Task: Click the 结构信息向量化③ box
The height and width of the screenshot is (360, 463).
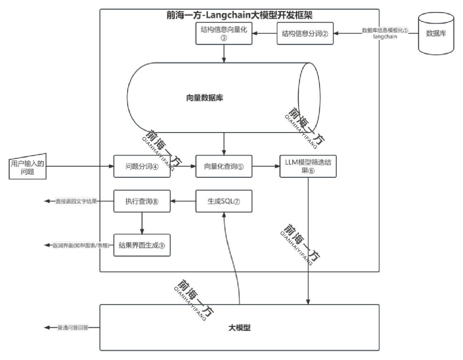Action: pyautogui.click(x=224, y=34)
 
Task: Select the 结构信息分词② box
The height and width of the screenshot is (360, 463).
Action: pyautogui.click(x=305, y=34)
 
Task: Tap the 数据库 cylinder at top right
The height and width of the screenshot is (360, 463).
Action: pyautogui.click(x=436, y=34)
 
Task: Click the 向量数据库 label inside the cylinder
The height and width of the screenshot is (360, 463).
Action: pyautogui.click(x=205, y=98)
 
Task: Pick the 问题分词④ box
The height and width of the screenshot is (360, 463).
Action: pyautogui.click(x=142, y=166)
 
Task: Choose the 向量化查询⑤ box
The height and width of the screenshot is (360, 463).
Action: pyautogui.click(x=224, y=166)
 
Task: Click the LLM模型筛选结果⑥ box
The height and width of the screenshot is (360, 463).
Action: pyautogui.click(x=308, y=166)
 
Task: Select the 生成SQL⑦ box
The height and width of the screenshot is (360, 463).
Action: pyautogui.click(x=224, y=201)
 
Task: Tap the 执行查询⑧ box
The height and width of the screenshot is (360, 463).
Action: pyautogui.click(x=142, y=201)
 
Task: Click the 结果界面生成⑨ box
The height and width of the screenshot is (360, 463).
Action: pyautogui.click(x=142, y=245)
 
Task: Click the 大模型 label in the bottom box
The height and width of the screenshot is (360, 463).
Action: pyautogui.click(x=239, y=327)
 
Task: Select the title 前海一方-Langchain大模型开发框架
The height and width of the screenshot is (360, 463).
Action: pyautogui.click(x=239, y=15)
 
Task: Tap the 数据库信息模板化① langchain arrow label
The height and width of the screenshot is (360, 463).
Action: pyautogui.click(x=385, y=33)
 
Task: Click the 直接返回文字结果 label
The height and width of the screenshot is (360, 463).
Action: pyautogui.click(x=76, y=201)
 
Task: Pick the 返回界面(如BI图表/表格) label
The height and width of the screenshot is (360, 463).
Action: pyautogui.click(x=81, y=246)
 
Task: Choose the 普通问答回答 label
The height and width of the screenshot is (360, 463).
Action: pyautogui.click(x=73, y=327)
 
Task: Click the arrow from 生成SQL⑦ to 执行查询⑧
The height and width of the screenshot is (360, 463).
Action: pyautogui.click(x=183, y=201)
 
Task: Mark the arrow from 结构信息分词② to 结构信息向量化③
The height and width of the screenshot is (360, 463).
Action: pyautogui.click(x=264, y=34)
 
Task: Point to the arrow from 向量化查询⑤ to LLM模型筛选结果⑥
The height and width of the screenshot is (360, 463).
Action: pyautogui.click(x=266, y=166)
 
